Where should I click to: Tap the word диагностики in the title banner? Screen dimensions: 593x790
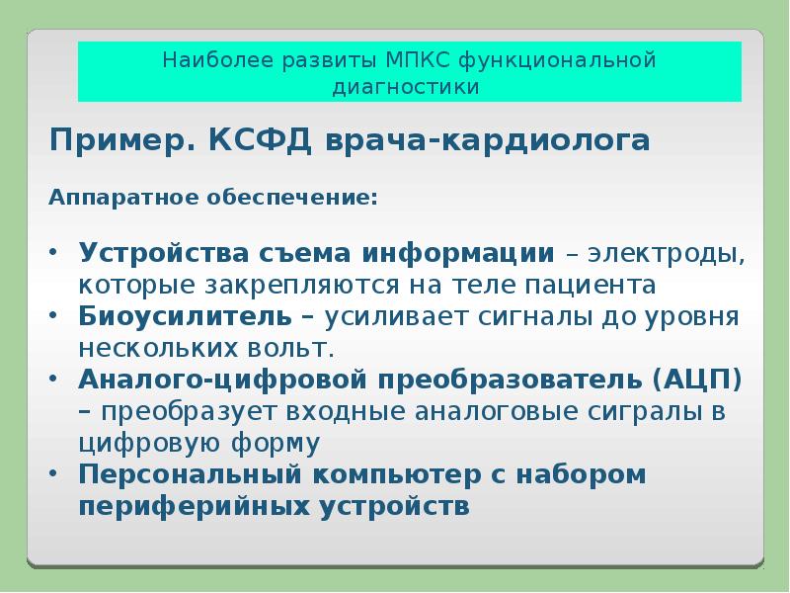pos(408,87)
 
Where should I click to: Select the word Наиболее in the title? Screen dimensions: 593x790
pos(206,60)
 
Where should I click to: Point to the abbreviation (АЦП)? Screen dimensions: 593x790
pos(695,380)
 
